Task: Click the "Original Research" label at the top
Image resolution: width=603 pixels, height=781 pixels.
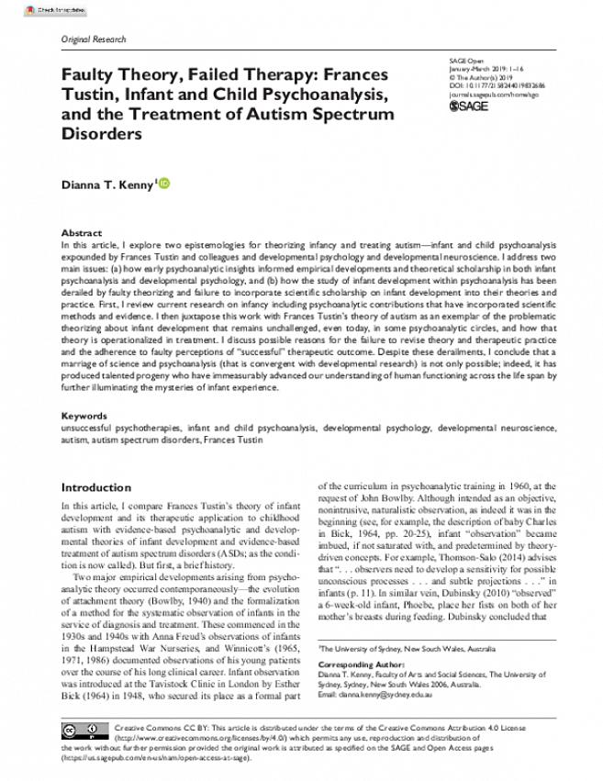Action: tap(94, 40)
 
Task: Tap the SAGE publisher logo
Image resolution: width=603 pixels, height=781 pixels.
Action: tap(468, 106)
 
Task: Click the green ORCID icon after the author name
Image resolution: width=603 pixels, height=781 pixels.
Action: tap(165, 184)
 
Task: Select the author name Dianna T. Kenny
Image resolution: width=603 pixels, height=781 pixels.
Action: tap(108, 185)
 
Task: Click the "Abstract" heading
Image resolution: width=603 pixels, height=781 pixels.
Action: tap(81, 234)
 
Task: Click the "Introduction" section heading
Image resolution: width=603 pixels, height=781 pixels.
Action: tap(95, 487)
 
